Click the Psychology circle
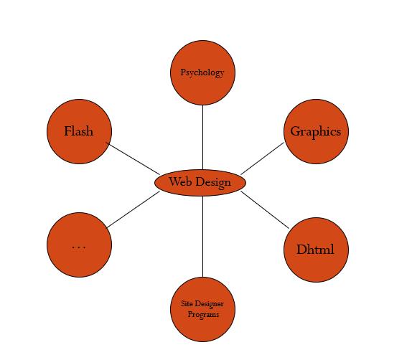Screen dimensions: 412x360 [x=202, y=72]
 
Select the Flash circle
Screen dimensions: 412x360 [x=80, y=131]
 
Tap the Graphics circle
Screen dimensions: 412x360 [x=316, y=131]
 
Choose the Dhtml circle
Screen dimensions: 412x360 [x=316, y=250]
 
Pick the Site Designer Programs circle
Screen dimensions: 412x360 [x=202, y=309]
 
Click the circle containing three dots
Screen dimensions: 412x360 [x=80, y=245]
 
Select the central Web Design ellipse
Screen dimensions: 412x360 [x=200, y=183]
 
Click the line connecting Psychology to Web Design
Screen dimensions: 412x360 [x=202, y=137]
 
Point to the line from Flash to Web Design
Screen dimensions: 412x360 [x=133, y=158]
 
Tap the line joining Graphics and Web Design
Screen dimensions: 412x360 [x=262, y=158]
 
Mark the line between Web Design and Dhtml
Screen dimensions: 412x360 [x=265, y=210]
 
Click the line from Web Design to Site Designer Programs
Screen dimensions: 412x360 [x=202, y=237]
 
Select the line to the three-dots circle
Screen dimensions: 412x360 [x=134, y=209]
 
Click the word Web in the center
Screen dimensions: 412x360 [x=180, y=181]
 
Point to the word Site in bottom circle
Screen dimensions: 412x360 [x=187, y=303]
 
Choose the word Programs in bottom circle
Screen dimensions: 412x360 [x=203, y=315]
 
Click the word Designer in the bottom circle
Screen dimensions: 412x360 [x=209, y=304]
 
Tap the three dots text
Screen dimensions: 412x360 [x=78, y=247]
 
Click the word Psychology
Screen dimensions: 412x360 [x=202, y=72]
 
